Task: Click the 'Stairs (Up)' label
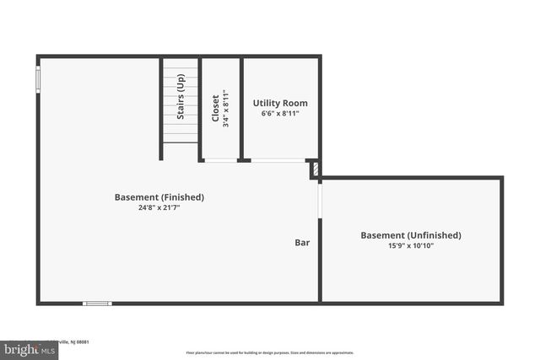point(180,97)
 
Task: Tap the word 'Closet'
point(216,107)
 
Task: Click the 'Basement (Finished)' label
point(159,197)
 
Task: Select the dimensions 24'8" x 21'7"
point(159,207)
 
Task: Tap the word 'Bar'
point(302,243)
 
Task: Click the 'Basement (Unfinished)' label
point(411,235)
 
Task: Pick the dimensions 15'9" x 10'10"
point(411,245)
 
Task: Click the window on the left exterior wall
point(38,78)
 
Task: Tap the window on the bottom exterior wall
point(97,303)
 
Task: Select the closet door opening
point(220,160)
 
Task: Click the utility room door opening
point(278,160)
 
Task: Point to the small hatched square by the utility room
point(315,169)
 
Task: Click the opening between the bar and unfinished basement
point(320,201)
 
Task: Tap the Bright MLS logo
point(25,348)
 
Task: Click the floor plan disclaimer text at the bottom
point(269,353)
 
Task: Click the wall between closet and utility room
point(241,108)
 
